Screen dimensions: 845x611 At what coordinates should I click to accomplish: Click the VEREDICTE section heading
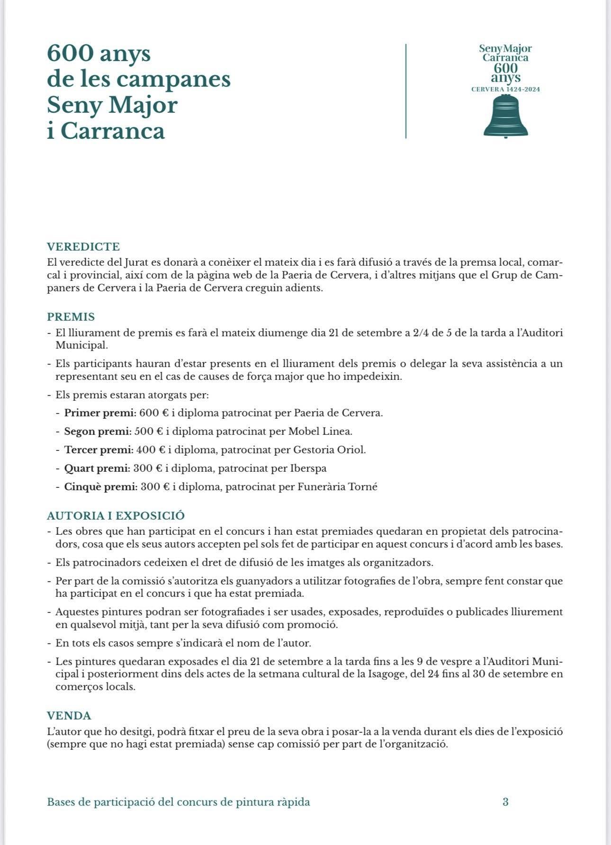point(83,247)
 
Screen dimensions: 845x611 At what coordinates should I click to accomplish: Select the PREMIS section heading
point(71,317)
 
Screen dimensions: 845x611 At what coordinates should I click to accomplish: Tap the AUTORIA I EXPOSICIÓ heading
point(116,516)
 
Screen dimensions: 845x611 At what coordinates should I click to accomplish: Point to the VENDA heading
point(69,716)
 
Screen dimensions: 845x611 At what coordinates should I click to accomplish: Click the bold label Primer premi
point(99,413)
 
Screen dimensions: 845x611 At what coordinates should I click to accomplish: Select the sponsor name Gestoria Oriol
point(330,450)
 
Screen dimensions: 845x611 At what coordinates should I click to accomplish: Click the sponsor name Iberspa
point(308,468)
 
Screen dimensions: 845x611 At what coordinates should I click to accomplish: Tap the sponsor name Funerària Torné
point(337,487)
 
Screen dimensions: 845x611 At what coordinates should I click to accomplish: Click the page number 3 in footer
point(505,802)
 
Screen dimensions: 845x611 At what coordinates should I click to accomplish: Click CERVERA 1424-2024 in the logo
point(506,90)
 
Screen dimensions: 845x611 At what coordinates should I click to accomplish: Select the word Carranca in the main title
point(113,131)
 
